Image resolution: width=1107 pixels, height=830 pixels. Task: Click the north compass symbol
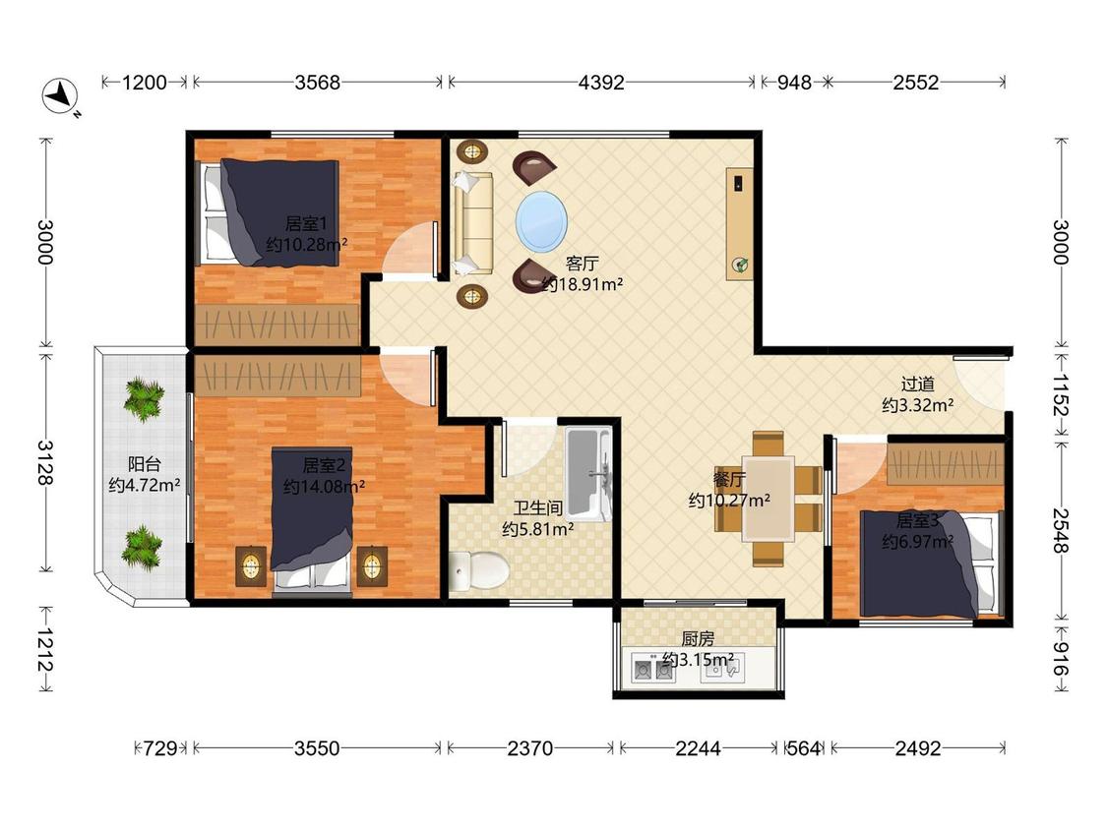coord(60,95)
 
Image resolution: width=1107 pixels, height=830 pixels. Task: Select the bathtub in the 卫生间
coord(588,474)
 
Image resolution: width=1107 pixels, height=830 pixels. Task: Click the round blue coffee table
coord(541,221)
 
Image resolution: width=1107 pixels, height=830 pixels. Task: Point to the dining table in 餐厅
coord(769,499)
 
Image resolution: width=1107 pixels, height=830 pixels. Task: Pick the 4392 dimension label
coord(601,83)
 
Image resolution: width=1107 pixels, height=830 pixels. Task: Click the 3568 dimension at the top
coord(317,83)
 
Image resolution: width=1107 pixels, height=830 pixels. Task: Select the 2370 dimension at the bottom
coord(529,748)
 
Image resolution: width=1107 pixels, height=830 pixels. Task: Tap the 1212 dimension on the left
coord(45,649)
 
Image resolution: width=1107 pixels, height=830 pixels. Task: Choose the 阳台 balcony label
coord(144,464)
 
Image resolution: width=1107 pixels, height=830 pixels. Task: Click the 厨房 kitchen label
coord(698,639)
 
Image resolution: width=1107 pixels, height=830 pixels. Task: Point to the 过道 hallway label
coord(918,384)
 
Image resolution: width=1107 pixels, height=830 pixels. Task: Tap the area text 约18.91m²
coord(583,284)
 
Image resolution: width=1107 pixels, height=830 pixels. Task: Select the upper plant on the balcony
coord(144,398)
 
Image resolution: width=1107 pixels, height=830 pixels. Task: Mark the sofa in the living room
coord(473,223)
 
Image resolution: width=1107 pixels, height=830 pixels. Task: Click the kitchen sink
coord(721,668)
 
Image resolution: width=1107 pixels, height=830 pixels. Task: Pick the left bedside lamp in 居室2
coord(251,566)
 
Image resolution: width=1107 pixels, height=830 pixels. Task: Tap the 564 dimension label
coord(803,748)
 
